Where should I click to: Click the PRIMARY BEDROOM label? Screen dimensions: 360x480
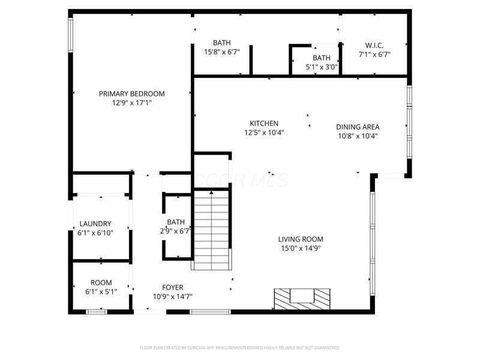(131, 94)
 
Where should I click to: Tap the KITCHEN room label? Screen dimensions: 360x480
(264, 124)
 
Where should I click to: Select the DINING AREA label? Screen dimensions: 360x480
(358, 127)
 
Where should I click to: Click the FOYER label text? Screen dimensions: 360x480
(173, 287)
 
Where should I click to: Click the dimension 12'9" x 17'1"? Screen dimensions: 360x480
(131, 103)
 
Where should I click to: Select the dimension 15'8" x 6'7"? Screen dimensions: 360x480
(221, 52)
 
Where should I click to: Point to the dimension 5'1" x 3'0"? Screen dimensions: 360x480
(322, 67)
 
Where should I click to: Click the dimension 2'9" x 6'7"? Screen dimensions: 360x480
(175, 230)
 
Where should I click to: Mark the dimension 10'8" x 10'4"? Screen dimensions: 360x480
(358, 136)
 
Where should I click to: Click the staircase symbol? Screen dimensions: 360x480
(211, 229)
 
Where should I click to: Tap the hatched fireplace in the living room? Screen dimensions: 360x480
(302, 298)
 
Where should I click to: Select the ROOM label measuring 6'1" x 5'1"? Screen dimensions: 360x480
(101, 283)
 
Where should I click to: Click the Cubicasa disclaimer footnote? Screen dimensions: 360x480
(240, 347)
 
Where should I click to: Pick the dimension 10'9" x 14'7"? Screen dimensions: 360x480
(173, 296)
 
